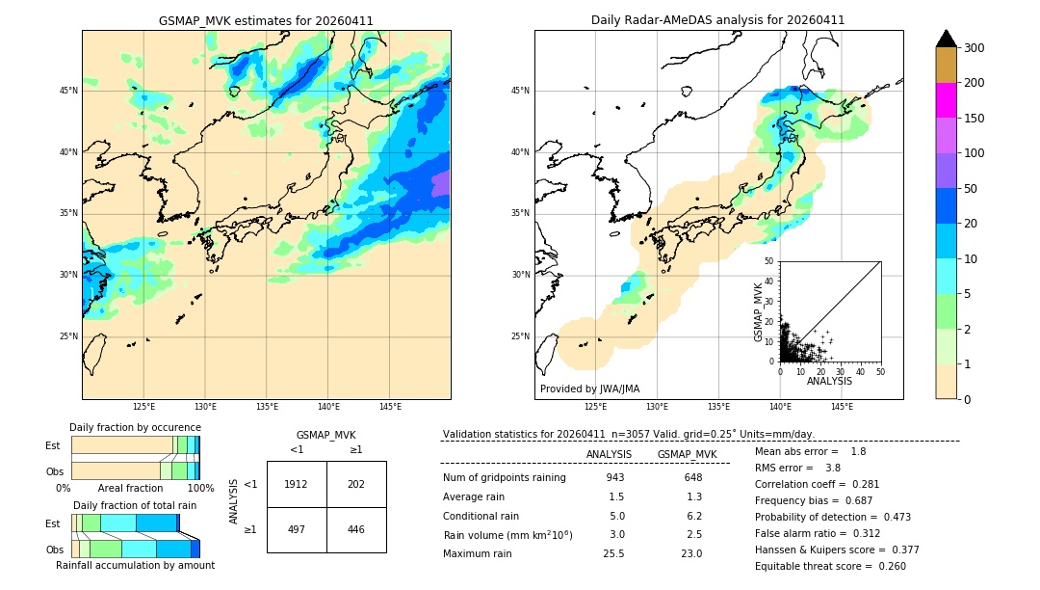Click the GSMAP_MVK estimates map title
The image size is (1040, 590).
tap(266, 20)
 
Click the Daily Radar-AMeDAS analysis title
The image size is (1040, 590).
tap(717, 20)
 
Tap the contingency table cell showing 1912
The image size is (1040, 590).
tap(296, 484)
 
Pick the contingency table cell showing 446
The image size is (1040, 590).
tap(356, 529)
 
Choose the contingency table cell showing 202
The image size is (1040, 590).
tap(356, 484)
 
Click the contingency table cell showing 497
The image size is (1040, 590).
tap(296, 529)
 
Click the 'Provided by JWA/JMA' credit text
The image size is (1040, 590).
tap(589, 389)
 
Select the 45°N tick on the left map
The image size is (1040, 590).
tap(68, 91)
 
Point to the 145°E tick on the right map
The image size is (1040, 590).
tap(842, 407)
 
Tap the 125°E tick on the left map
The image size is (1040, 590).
tap(143, 407)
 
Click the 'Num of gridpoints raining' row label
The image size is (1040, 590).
tap(505, 477)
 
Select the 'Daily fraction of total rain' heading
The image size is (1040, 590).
tap(135, 505)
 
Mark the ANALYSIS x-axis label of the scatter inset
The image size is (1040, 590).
tap(829, 382)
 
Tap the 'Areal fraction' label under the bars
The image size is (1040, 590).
tap(130, 489)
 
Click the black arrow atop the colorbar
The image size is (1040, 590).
tap(947, 39)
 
